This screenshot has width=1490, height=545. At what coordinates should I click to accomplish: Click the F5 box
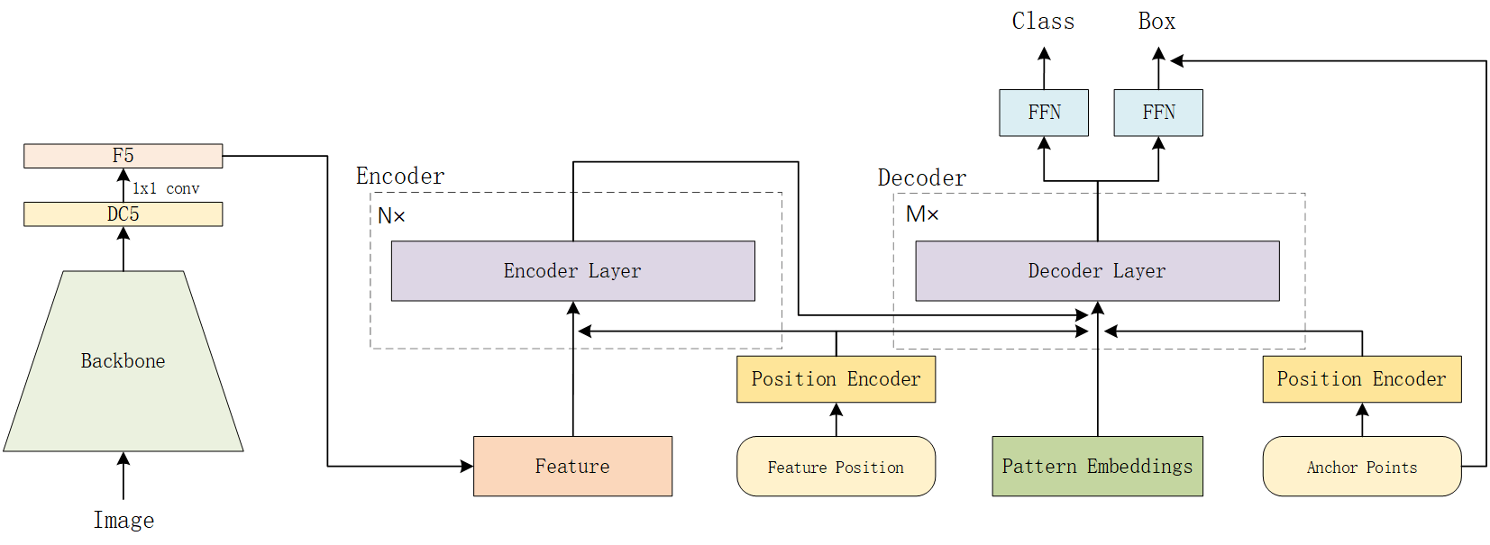(x=123, y=156)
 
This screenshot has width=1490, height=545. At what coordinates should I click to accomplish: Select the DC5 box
(x=123, y=214)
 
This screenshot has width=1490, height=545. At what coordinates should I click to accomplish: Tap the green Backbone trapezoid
(x=123, y=361)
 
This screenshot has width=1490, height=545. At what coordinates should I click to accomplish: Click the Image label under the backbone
(x=123, y=521)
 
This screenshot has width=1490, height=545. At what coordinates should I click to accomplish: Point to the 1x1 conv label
(x=166, y=188)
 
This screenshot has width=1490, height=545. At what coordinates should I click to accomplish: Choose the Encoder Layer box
(x=572, y=271)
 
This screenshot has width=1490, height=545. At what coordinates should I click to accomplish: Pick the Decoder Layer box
(x=1097, y=271)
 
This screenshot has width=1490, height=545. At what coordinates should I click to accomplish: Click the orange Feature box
(x=572, y=467)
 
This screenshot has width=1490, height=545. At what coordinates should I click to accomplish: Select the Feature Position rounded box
(x=836, y=467)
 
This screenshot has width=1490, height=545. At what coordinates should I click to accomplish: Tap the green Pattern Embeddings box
(x=1097, y=467)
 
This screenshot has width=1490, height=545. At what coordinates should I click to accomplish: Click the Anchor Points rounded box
(x=1361, y=467)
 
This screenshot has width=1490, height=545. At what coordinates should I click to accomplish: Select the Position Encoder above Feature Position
(x=836, y=379)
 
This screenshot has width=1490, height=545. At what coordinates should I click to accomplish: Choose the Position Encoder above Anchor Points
(x=1361, y=379)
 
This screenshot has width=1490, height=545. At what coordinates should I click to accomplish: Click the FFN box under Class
(x=1044, y=113)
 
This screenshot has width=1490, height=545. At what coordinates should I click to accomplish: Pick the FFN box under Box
(x=1158, y=113)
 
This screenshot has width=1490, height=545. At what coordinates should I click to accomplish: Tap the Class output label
(x=1043, y=22)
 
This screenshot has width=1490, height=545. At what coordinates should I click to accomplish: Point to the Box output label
(x=1156, y=22)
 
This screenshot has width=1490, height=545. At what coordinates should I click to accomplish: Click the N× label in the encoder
(x=391, y=216)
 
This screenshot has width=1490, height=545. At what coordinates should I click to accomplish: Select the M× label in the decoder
(x=922, y=214)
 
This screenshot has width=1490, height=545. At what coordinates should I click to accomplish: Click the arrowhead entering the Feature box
(x=467, y=467)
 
